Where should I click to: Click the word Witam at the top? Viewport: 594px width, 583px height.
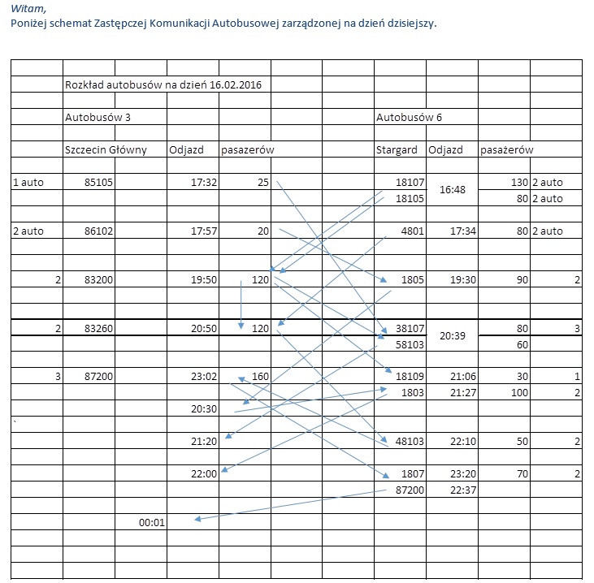(x=26, y=8)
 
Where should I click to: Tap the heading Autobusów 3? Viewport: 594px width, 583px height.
(x=98, y=117)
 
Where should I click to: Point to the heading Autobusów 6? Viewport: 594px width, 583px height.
(x=409, y=117)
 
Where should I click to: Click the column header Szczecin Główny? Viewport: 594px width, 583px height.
(x=106, y=149)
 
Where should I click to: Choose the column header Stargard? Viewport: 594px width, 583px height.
(x=397, y=149)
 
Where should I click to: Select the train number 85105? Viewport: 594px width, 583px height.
(x=98, y=183)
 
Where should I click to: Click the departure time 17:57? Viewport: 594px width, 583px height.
(x=204, y=231)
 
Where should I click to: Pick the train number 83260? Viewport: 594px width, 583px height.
(x=98, y=329)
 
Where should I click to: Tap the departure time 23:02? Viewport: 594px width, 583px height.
(x=204, y=378)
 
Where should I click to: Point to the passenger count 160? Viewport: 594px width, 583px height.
(x=260, y=378)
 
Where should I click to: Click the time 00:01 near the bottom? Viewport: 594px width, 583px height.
(x=152, y=522)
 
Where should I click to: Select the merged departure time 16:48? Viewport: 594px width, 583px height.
(x=452, y=190)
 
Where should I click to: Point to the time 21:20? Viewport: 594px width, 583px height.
(x=204, y=442)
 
